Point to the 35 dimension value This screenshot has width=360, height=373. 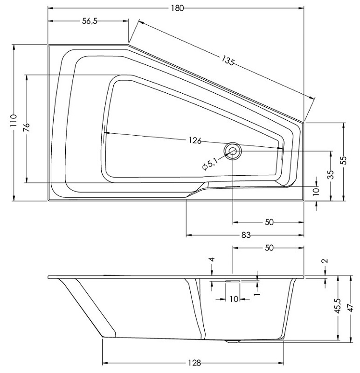coord(331,174)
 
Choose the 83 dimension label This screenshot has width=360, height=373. coord(246,235)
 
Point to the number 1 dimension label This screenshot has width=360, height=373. coord(257,294)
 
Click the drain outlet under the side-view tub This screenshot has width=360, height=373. coord(232,341)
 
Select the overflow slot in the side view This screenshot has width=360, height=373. coord(232,281)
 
